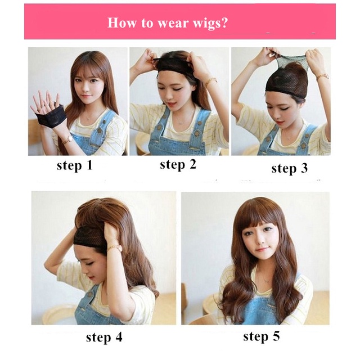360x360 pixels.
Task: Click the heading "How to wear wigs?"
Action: pos(167,23)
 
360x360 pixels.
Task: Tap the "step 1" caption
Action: pos(74,165)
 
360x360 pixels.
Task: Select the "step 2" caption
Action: pos(179,164)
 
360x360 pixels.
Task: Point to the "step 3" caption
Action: pos(289,168)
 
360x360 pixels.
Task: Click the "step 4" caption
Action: pos(104,337)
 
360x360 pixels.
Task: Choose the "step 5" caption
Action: pos(261,336)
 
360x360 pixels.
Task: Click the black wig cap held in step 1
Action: pos(51,118)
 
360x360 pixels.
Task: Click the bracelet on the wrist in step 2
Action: pos(210,82)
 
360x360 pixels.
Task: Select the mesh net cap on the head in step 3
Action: pos(287,76)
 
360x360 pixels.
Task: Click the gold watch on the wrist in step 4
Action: pos(114,247)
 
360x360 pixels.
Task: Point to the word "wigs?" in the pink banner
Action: pos(208,23)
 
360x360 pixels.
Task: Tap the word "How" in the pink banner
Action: pos(120,23)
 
